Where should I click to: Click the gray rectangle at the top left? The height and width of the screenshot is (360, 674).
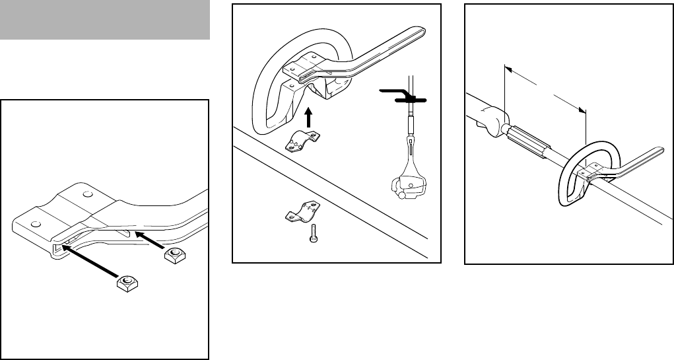(105, 20)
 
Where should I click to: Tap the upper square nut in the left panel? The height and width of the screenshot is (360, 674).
(174, 254)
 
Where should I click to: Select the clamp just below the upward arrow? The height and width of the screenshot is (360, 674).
(304, 141)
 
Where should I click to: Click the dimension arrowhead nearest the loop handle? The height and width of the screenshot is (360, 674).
(582, 110)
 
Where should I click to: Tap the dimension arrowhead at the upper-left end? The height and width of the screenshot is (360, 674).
(508, 68)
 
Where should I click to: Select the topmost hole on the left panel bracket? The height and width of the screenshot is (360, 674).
(87, 196)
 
